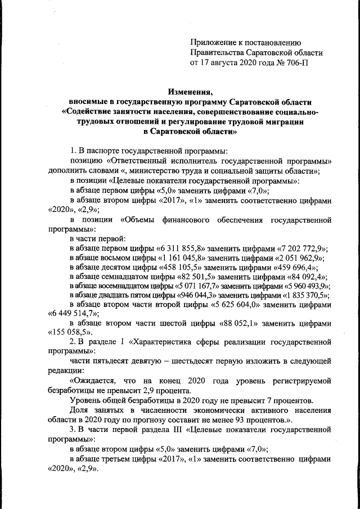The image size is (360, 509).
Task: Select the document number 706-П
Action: tap(295, 62)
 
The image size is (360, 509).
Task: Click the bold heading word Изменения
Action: tap(190, 91)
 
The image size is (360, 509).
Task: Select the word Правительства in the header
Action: tap(216, 52)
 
